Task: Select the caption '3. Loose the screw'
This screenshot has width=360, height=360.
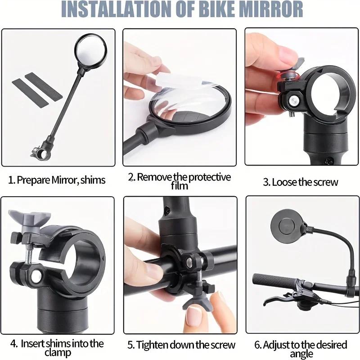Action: tap(300, 182)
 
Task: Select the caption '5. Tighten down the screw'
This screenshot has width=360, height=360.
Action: tap(181, 345)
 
